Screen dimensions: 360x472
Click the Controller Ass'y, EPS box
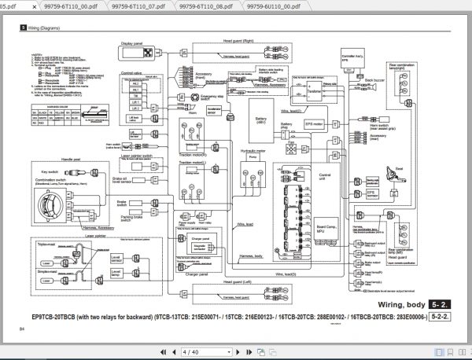(344, 57)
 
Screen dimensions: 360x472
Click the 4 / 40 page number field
(194, 351)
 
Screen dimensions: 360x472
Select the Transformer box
(314, 90)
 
